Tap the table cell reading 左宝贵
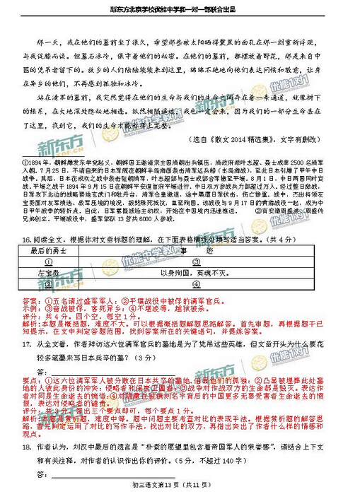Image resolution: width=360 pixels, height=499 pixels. [49, 271]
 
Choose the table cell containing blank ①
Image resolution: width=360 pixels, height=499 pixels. [49, 260]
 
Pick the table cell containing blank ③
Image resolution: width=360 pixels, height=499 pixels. [49, 283]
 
